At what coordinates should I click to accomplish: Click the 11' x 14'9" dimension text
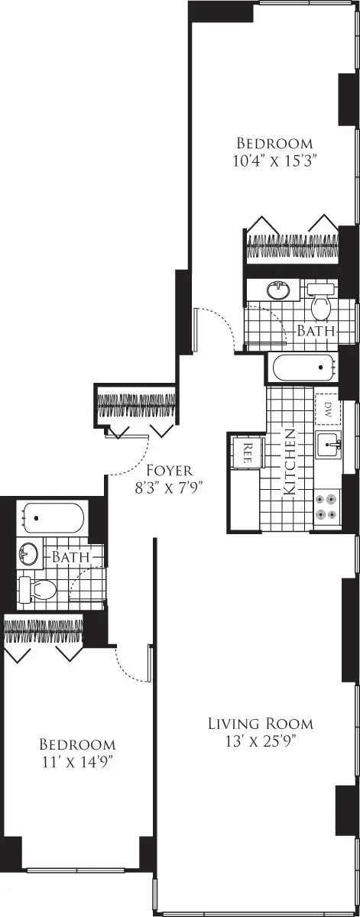point(77,761)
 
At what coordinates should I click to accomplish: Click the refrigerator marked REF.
point(248,450)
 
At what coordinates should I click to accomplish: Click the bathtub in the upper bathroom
point(304,367)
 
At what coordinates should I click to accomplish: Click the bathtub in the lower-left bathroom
point(51,517)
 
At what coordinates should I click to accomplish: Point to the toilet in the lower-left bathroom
point(38,588)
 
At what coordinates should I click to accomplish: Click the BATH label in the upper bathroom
point(316,332)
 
